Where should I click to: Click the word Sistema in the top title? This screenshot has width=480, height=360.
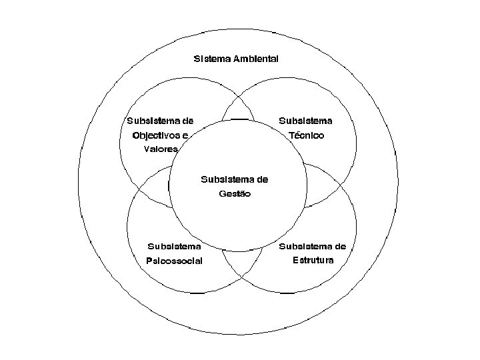click(209, 59)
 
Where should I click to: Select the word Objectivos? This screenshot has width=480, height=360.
click(156, 135)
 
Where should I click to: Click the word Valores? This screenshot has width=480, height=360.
click(161, 149)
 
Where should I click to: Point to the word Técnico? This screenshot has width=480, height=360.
click(307, 135)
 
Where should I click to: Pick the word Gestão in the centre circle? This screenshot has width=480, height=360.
click(234, 194)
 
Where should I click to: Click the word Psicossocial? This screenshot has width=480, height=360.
click(174, 261)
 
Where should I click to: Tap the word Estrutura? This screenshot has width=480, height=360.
click(313, 260)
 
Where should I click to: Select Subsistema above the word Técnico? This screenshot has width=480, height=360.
click(305, 121)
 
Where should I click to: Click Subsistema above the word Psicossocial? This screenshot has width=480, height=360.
click(174, 246)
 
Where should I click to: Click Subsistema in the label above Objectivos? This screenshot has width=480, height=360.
click(152, 121)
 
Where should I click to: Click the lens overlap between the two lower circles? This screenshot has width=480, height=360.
click(238, 263)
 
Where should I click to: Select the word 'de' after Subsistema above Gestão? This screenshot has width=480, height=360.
click(261, 179)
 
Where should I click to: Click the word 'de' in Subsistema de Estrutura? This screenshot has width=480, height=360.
click(340, 246)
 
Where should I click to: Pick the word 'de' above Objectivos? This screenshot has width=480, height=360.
click(187, 121)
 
